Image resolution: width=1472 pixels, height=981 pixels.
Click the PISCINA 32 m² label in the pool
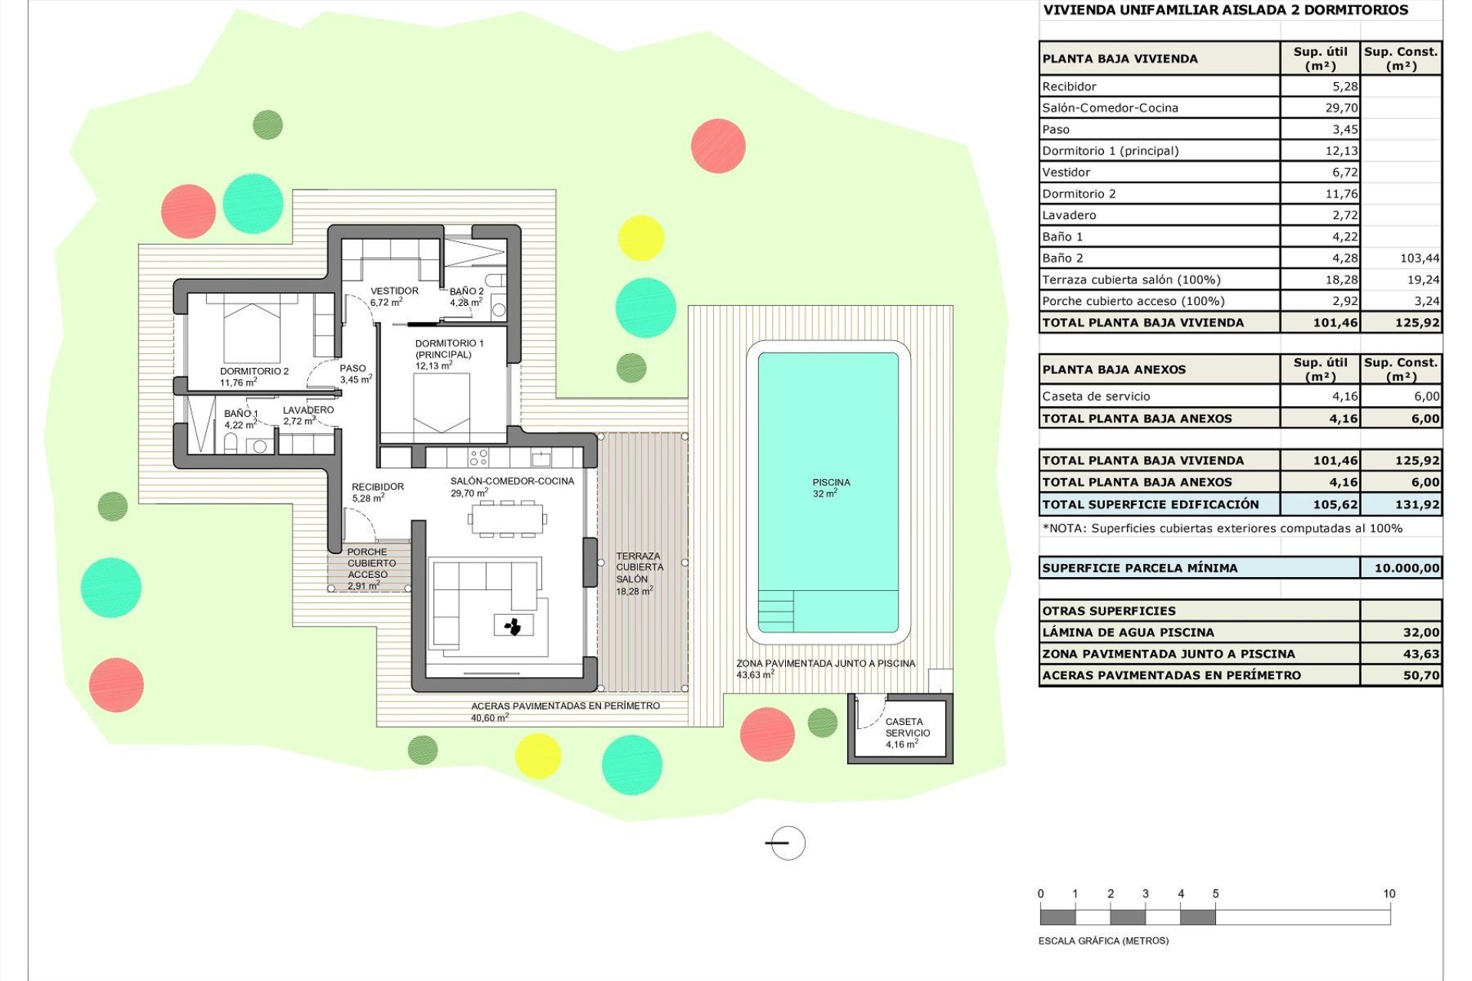(x=830, y=488)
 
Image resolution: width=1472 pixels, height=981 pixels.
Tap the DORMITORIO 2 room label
(x=254, y=376)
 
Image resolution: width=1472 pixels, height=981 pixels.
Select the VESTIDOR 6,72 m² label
(x=394, y=296)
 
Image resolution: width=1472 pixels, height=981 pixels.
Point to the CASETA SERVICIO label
(x=907, y=732)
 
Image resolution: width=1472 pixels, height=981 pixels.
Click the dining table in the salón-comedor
(x=508, y=519)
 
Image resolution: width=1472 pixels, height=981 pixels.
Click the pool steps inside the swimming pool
(x=776, y=611)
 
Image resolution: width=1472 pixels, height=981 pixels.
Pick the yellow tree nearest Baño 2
(x=640, y=238)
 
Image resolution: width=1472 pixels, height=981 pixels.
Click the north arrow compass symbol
(x=787, y=843)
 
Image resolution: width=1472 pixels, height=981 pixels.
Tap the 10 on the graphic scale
(x=1388, y=894)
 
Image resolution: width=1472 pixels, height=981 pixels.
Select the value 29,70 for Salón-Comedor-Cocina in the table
(x=1341, y=108)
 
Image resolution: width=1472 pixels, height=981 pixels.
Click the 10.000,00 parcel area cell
(x=1406, y=568)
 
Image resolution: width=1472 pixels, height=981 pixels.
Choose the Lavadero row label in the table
(x=1069, y=215)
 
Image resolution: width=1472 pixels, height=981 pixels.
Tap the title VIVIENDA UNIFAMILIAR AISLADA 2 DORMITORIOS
(x=1225, y=10)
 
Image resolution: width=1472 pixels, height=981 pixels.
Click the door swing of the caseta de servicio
(x=869, y=714)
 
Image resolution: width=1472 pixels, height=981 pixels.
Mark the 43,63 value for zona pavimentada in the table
(x=1421, y=654)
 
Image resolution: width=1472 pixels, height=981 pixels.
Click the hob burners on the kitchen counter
(x=478, y=458)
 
